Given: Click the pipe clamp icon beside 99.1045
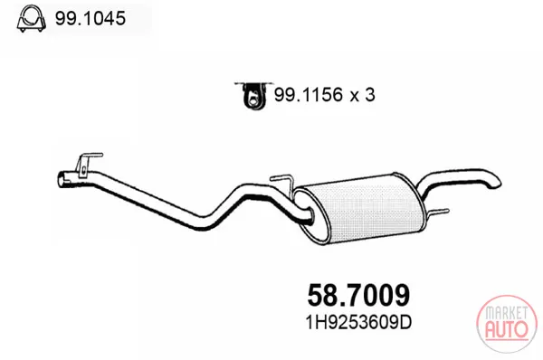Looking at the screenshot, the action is point(31,19).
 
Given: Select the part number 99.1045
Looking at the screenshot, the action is point(90,18).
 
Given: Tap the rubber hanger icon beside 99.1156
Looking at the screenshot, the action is point(253,96).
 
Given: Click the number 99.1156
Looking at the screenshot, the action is point(309,94).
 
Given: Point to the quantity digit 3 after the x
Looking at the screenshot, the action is point(369,94).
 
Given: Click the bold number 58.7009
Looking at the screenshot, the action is point(358,295).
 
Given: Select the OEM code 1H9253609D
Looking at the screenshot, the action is point(358,323).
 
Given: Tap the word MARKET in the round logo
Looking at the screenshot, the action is point(506,313).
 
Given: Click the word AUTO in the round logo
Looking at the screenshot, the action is point(506,329).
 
